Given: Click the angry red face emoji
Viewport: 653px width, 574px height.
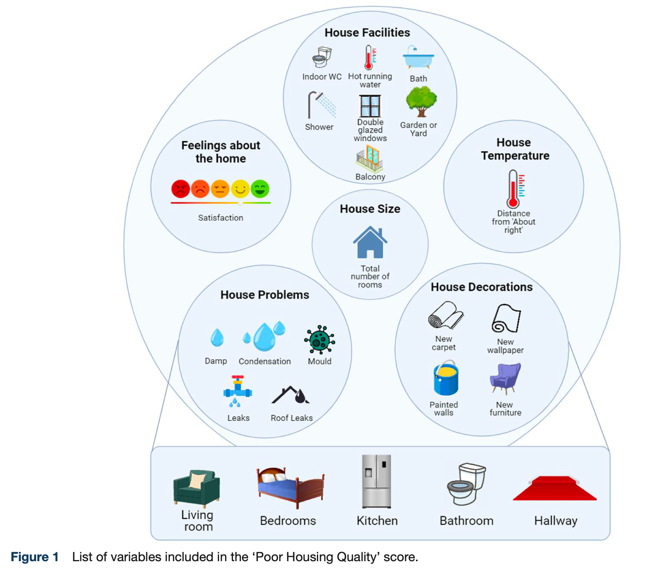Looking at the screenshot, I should [181, 189].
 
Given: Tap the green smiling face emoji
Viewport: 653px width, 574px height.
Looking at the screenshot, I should [260, 189].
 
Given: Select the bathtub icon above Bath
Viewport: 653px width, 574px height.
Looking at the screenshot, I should [418, 58].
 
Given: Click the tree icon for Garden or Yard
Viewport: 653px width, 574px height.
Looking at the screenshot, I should [421, 102].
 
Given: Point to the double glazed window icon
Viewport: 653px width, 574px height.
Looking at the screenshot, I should [370, 106].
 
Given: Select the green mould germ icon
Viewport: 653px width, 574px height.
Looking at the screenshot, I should [319, 340].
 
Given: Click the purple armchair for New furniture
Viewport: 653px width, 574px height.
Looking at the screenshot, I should [505, 378].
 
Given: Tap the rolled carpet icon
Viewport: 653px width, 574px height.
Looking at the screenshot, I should [445, 315].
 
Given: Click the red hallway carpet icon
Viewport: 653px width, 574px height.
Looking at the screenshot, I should [555, 488].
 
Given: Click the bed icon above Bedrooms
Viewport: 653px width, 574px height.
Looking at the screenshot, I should [290, 487].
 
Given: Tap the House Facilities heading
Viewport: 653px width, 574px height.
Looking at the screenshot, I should [367, 33].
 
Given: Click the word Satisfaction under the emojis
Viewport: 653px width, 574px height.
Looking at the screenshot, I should [221, 218].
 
